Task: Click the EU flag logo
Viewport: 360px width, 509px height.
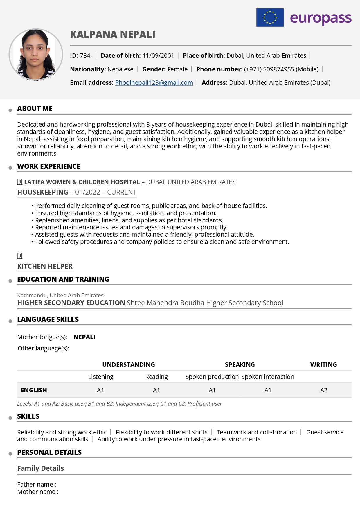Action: point(270,17)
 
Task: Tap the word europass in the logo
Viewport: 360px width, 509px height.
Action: point(321,18)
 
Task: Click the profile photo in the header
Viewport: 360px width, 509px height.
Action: point(36,54)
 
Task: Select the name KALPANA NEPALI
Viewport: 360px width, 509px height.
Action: point(113,35)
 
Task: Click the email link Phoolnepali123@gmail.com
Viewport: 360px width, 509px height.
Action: point(154,83)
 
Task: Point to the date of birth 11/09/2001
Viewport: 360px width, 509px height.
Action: point(158,56)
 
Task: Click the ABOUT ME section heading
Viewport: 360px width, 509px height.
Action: point(35,109)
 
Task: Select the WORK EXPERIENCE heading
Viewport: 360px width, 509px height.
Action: point(49,166)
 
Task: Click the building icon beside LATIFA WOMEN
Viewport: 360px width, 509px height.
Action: point(20,182)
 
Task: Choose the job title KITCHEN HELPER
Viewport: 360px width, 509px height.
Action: point(45,266)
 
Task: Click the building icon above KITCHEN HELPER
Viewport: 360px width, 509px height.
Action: point(20,256)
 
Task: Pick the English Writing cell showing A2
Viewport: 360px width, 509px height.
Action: point(323,390)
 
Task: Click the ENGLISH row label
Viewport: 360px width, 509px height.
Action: point(34,390)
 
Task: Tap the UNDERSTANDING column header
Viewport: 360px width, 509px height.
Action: point(129,365)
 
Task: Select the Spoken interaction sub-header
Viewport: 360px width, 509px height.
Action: point(267,377)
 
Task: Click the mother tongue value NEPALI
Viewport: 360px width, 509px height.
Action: point(84,337)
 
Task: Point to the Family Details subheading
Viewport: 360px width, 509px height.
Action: point(41,468)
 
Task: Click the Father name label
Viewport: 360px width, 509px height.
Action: point(37,485)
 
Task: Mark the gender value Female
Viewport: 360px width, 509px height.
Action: point(177,69)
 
